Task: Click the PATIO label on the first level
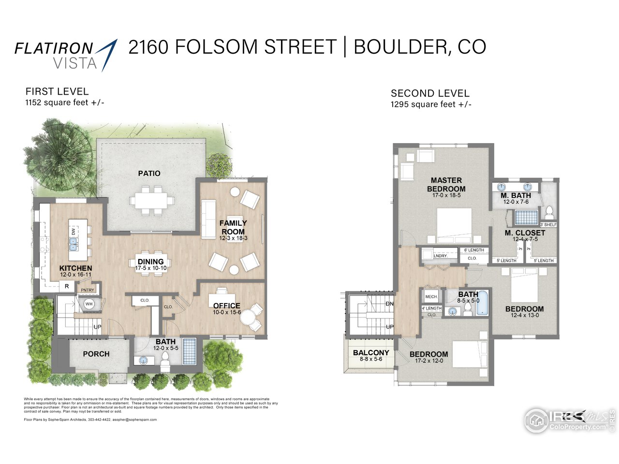149,173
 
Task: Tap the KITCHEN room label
75,268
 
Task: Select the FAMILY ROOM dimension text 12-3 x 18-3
233,238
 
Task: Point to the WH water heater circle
89,304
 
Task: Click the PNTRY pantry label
88,290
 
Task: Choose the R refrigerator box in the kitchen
67,286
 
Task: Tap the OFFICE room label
226,305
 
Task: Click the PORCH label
96,354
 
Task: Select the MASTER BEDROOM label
446,185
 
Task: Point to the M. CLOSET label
525,232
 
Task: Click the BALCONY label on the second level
371,352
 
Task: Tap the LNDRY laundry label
440,256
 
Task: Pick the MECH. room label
431,296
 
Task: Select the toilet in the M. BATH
549,212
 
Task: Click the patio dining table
151,200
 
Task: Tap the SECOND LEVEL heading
430,93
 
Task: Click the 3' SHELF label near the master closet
548,225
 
